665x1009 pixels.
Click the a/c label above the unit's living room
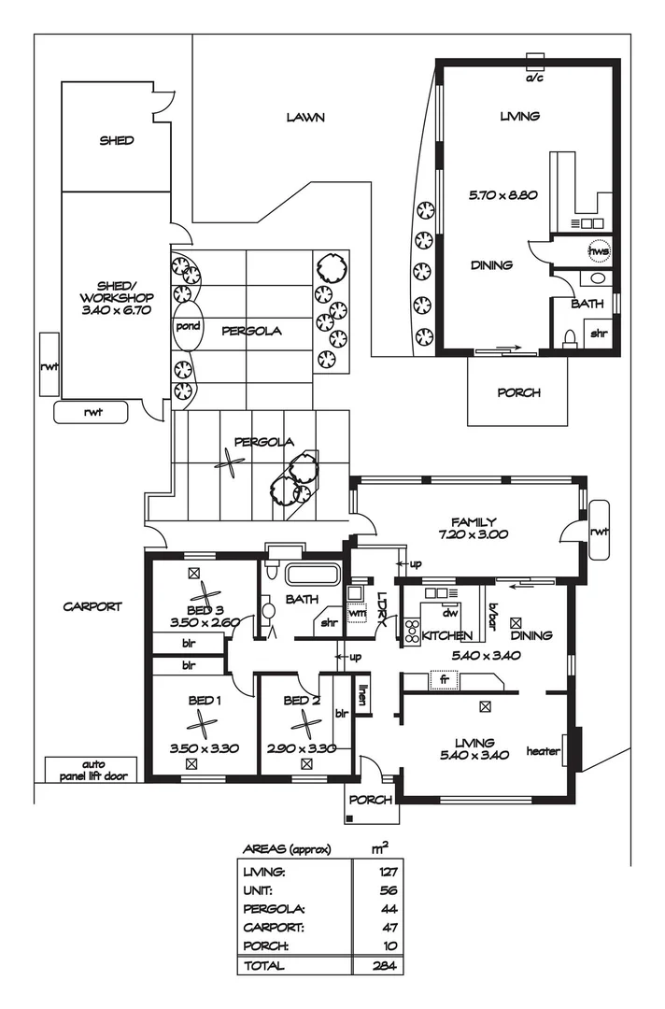534,79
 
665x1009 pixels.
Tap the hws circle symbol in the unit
598,251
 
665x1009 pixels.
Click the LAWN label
304,118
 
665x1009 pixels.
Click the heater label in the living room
543,751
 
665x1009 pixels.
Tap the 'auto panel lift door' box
92,769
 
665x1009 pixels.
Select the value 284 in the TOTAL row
378,965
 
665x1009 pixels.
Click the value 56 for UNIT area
378,890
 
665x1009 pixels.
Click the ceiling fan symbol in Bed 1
201,720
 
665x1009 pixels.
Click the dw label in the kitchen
449,614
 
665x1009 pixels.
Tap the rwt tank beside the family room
599,531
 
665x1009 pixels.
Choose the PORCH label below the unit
517,392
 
